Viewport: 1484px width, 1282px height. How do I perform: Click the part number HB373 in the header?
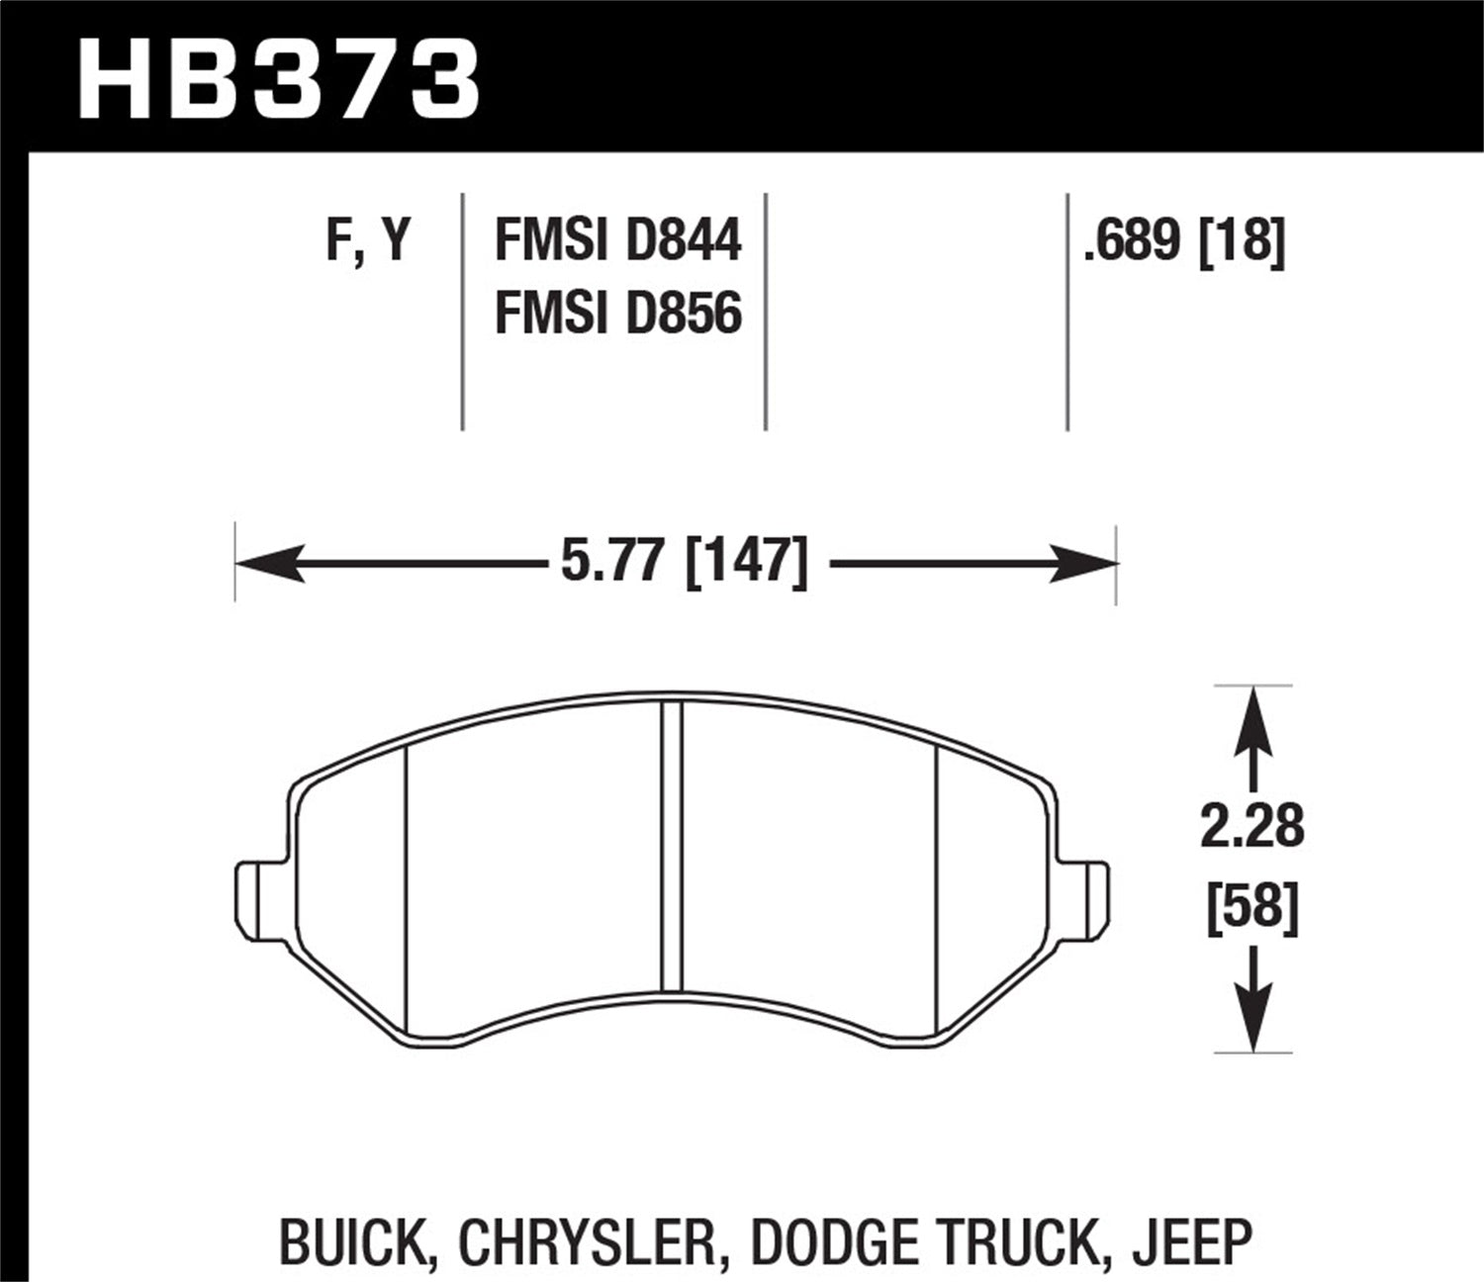tap(278, 79)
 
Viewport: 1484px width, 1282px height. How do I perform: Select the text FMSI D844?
tap(617, 240)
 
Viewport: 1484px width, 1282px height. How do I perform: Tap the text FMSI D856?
tap(617, 315)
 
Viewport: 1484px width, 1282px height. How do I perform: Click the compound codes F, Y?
tap(367, 240)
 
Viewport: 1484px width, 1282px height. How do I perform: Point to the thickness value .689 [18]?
tap(1184, 240)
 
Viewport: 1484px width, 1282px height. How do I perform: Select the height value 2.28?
tap(1252, 826)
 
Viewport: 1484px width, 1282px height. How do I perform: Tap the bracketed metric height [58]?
tap(1252, 905)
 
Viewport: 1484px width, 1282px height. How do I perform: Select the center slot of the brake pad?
tap(672, 846)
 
